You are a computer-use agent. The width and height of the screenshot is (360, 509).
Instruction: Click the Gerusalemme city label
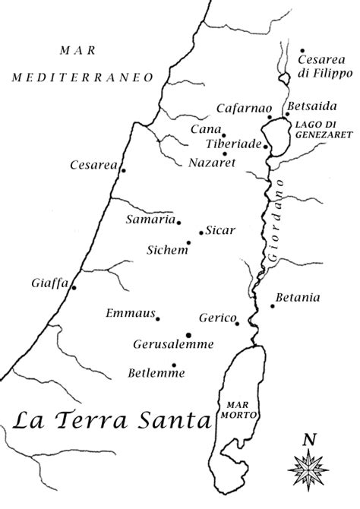point(173,344)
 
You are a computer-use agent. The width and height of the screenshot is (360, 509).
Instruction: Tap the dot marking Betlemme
point(175,365)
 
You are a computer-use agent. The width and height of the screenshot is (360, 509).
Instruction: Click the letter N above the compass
point(308,439)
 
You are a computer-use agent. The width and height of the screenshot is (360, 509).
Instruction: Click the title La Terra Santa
point(111,419)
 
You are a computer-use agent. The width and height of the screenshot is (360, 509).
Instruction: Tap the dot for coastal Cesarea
point(123,170)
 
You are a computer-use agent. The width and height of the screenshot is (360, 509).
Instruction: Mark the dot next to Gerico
point(238,324)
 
